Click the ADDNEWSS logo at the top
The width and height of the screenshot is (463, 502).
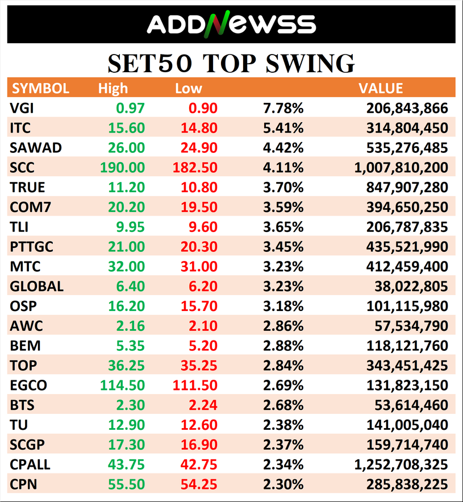231,24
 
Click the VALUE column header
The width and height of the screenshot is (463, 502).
381,88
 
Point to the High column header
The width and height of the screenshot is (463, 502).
113,89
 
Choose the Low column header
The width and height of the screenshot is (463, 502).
189,89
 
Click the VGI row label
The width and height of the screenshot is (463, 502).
22,108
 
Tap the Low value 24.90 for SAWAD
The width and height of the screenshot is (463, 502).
199,148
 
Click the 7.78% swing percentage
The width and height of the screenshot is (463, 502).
283,108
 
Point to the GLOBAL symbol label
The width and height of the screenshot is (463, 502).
36,286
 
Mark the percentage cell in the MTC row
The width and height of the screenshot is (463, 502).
283,266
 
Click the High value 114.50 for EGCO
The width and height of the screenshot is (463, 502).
123,385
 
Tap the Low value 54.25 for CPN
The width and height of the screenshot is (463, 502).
199,484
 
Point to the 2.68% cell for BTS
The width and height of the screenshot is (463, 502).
283,405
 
